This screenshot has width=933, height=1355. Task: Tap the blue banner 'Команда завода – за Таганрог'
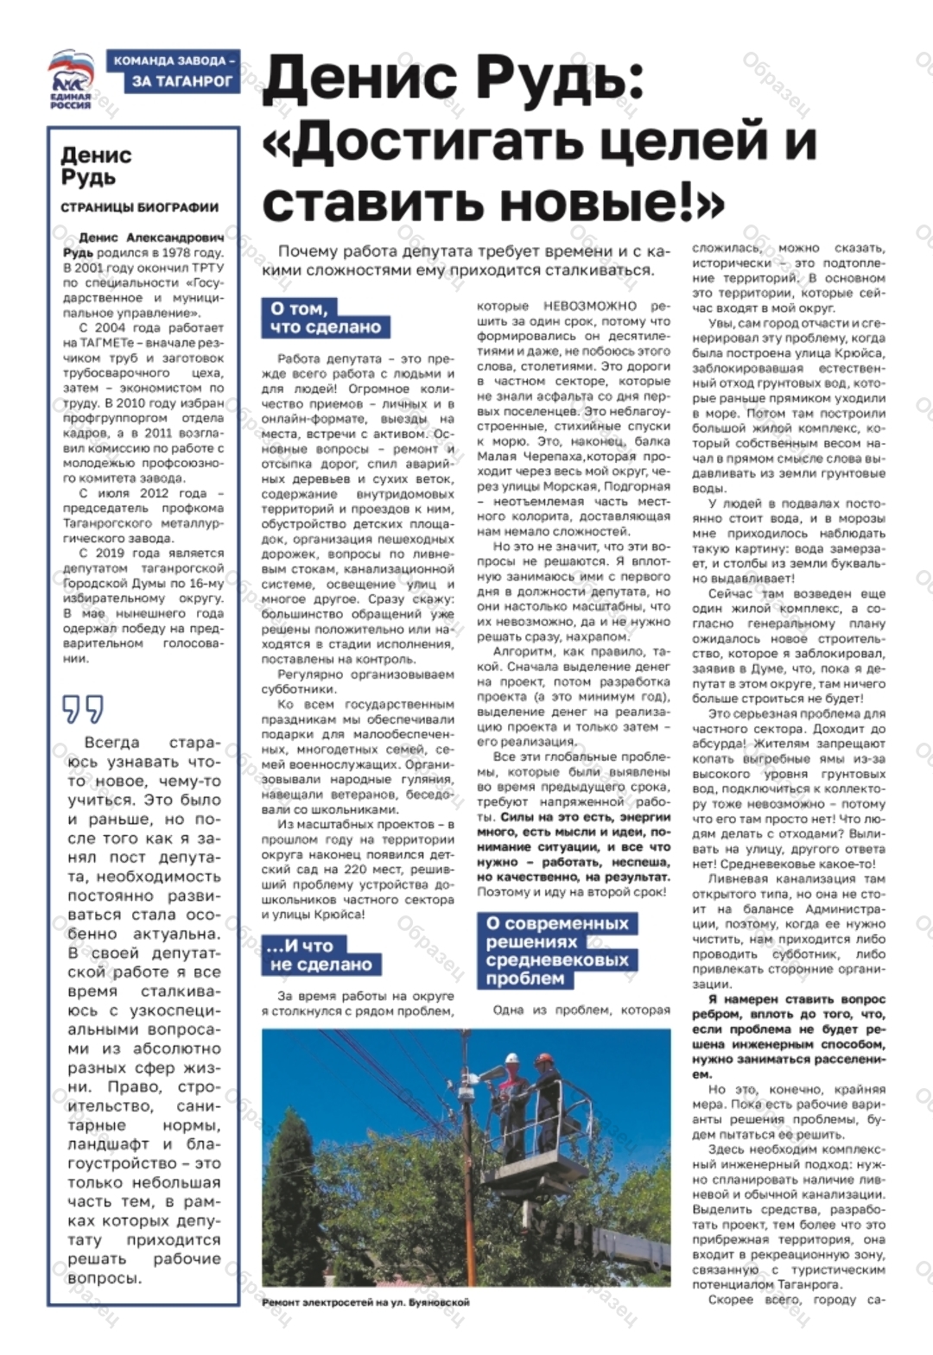coord(174,72)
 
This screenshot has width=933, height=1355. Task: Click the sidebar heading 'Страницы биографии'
coord(139,207)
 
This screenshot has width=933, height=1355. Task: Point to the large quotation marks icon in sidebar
coord(83,709)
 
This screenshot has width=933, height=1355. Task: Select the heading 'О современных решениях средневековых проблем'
coord(557,951)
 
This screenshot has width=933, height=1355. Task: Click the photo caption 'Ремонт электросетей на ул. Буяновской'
coord(365,1302)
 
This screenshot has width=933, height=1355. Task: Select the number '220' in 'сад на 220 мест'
coord(356,870)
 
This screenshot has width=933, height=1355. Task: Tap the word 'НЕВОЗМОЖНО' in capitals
coord(590,307)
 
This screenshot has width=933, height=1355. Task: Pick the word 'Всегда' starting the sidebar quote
coord(111,743)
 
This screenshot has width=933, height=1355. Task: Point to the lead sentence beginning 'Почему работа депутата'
coord(473,261)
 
